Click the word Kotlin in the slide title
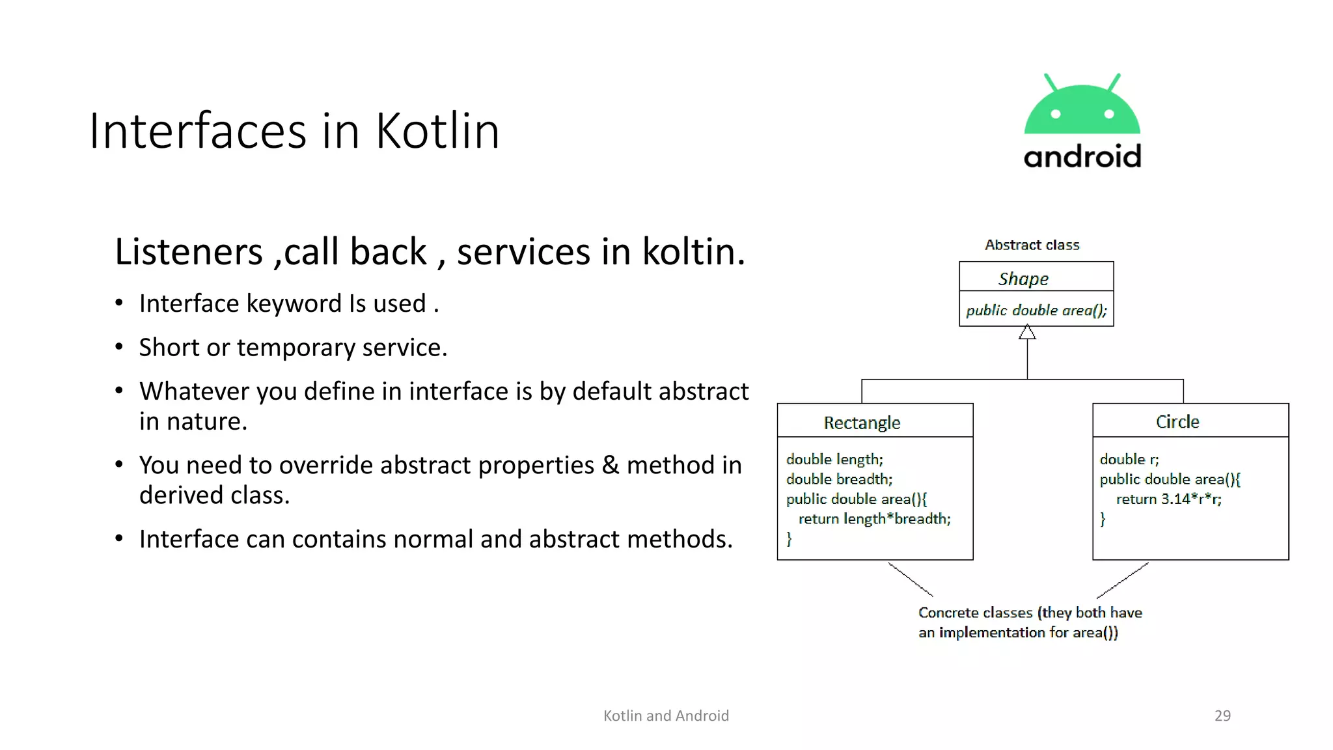tap(437, 131)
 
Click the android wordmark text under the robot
tap(1082, 157)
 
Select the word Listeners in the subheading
tap(189, 252)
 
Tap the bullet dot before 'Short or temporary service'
tap(119, 347)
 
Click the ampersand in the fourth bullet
tap(610, 465)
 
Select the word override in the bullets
tap(319, 465)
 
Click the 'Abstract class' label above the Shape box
tap(1032, 245)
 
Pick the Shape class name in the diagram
tap(1023, 279)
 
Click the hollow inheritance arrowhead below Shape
tap(1027, 333)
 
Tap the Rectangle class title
tap(862, 423)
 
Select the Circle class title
tap(1177, 422)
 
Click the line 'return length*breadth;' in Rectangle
tap(874, 519)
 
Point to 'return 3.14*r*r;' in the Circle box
tap(1168, 499)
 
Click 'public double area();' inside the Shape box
tap(1036, 311)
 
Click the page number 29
tap(1222, 715)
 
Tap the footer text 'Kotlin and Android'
tap(666, 715)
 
